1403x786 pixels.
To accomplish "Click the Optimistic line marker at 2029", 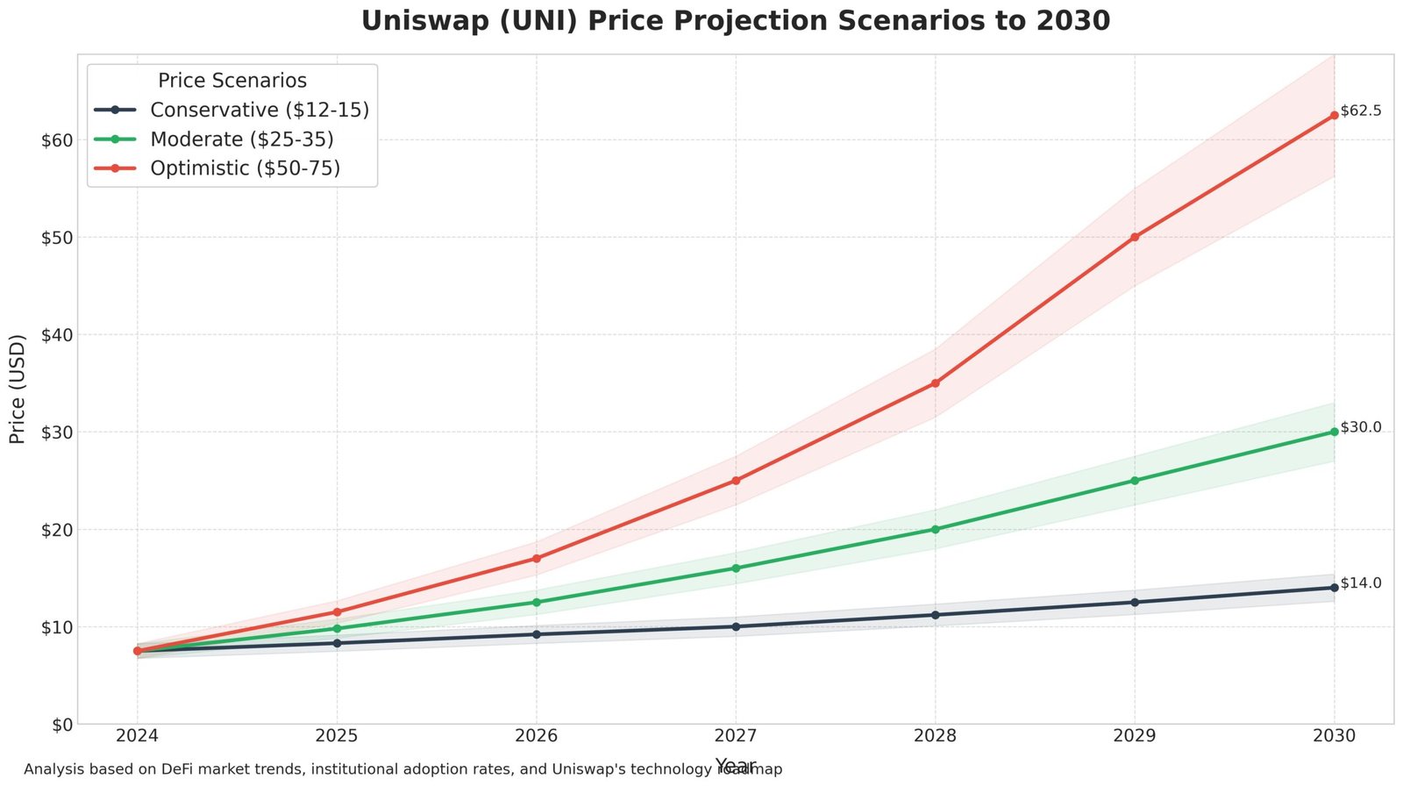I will [x=1135, y=237].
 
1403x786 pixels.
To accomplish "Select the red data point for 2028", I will [x=935, y=383].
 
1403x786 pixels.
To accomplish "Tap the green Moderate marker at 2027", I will [x=736, y=568].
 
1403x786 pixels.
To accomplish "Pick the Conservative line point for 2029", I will [x=1135, y=602].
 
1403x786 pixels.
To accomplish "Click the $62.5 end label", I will [x=1361, y=111].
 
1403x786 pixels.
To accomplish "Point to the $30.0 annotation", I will [x=1361, y=427].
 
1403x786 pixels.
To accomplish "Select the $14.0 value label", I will [x=1361, y=583].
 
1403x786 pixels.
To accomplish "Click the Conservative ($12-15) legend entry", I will [x=259, y=110].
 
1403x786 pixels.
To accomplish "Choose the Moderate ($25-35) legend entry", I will [x=241, y=139].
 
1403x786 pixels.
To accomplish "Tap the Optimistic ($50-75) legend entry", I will [x=245, y=168].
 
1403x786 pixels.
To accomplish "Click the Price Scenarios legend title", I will [x=232, y=81].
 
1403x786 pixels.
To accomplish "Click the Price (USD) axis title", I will [x=18, y=389].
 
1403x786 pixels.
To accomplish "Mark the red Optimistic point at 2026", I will [x=536, y=558].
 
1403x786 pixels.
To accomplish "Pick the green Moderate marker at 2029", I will [x=1135, y=481].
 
